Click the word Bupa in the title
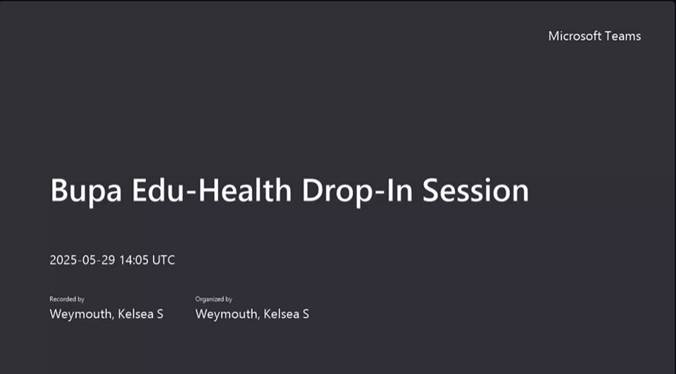86,191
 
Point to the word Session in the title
475,190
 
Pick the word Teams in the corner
623,36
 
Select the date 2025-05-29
82,260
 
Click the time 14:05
134,260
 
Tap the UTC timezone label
164,260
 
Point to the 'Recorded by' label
67,299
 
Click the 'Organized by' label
214,299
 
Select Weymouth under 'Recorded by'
82,314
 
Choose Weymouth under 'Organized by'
227,314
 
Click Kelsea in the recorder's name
136,313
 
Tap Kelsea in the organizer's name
282,313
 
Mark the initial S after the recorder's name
160,314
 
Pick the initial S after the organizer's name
306,314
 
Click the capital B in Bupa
59,190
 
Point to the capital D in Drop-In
313,190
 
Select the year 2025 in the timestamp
63,260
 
